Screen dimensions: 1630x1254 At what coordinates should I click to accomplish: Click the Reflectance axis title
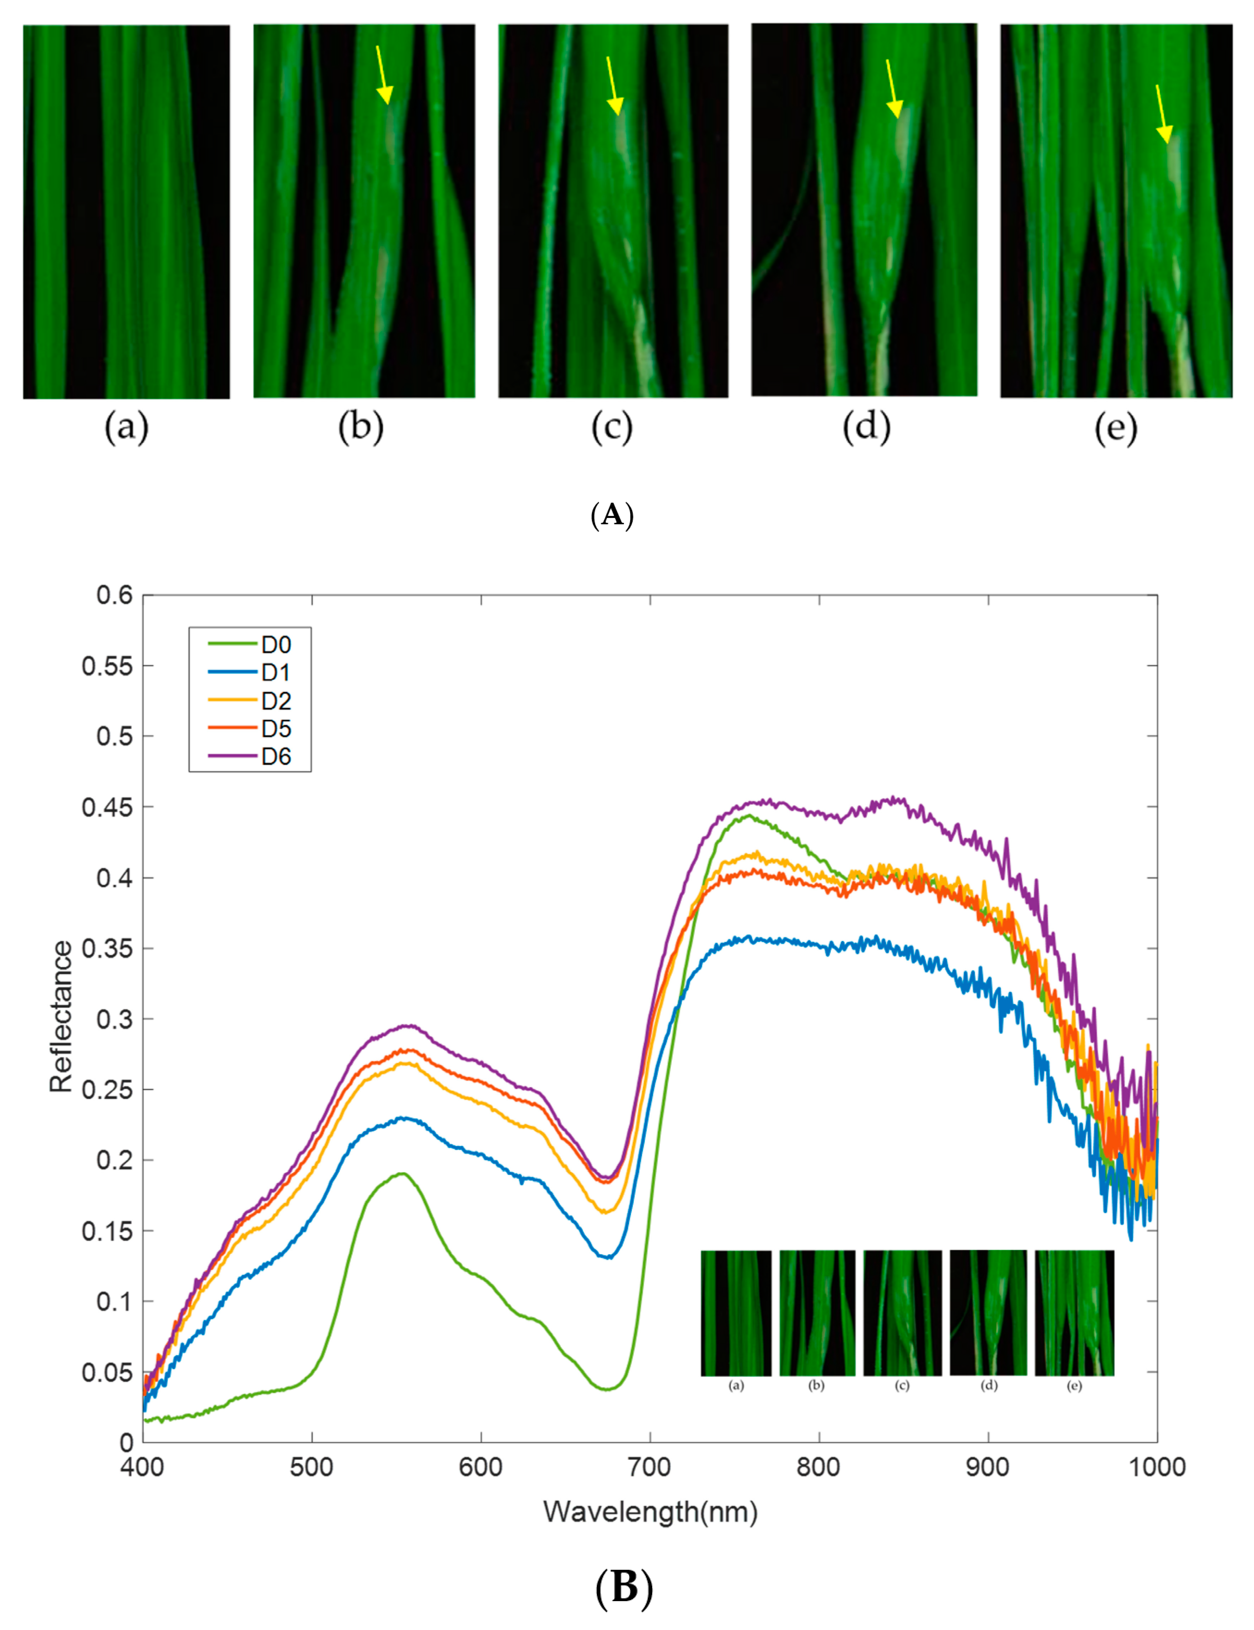point(61,1017)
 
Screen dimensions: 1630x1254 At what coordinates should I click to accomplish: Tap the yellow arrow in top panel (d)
point(892,89)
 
